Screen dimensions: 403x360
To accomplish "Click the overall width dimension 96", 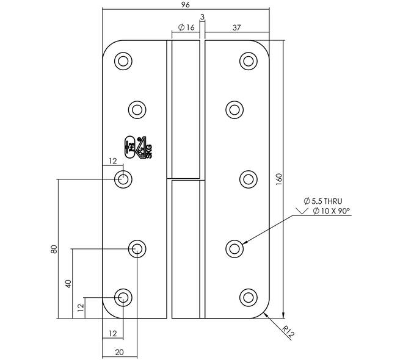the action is tap(185, 5).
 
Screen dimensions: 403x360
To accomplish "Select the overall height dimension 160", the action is tap(279, 179).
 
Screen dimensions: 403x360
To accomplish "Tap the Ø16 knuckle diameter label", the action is tap(187, 27).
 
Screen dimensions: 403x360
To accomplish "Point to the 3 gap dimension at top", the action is tap(202, 17).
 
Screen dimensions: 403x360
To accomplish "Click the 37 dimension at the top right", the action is tap(236, 27).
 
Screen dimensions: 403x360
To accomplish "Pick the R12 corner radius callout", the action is tap(288, 331).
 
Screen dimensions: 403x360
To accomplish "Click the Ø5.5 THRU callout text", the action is tap(323, 201).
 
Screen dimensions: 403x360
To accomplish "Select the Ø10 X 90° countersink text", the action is tap(332, 211).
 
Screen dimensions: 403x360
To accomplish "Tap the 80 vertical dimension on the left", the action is tap(54, 250).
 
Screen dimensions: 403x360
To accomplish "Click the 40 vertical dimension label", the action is tap(68, 284).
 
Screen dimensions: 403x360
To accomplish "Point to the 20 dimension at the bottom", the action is tap(119, 352).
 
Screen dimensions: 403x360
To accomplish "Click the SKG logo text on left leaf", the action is tap(149, 151).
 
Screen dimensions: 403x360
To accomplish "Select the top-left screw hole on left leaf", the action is tap(123, 61).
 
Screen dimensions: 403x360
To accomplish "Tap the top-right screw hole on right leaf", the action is tap(249, 61).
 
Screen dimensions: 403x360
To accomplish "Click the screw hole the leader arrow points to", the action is tap(234, 249).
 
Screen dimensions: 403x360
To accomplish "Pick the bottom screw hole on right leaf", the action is tap(249, 297).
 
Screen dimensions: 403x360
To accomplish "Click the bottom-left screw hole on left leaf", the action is tap(123, 297).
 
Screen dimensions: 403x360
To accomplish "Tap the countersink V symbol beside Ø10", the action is tap(302, 211).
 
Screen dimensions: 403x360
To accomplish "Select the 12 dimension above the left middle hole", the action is tap(112, 161).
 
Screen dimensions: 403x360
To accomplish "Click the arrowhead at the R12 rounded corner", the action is tap(266, 315).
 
